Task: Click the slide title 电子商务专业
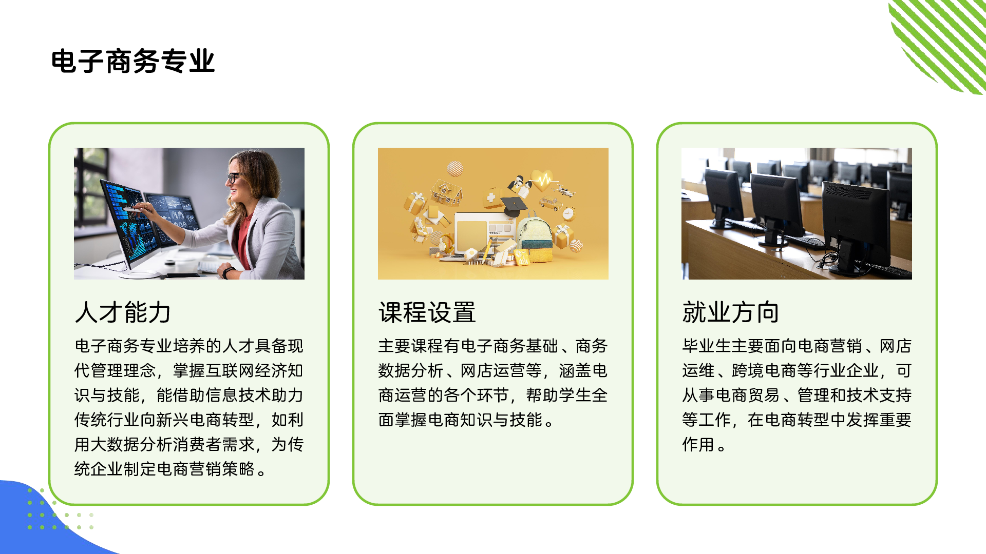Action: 132,62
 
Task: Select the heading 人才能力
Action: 123,312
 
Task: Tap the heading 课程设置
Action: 427,312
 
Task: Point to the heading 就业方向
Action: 730,312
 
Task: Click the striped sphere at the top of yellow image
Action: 455,168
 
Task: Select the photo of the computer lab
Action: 797,213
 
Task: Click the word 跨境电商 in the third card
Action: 764,370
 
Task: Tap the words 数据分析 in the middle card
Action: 411,370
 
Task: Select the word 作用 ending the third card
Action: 698,444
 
